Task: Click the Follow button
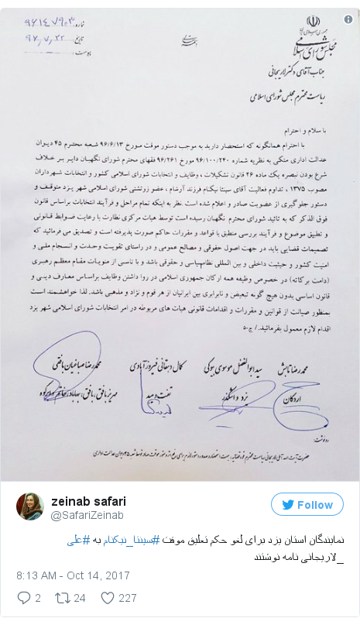(307, 504)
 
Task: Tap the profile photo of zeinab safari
(30, 506)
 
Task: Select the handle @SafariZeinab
(87, 513)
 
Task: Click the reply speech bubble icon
(22, 597)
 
